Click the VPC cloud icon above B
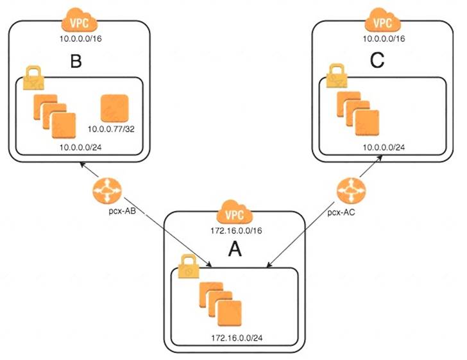[79, 23]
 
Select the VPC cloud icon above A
[235, 212]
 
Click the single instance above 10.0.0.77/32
[115, 108]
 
